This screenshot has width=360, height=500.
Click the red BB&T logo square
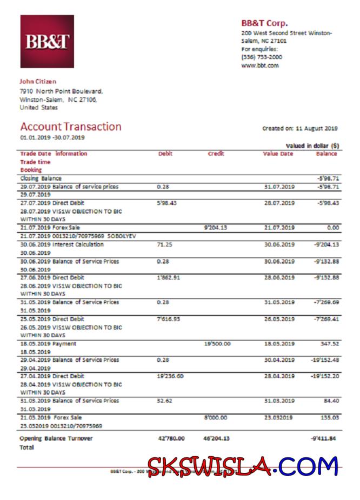click(47, 42)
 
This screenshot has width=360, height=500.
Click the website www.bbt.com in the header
click(259, 65)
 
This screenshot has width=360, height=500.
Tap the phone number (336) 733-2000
click(262, 57)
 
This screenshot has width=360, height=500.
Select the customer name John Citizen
click(38, 82)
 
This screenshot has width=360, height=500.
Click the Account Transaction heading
click(71, 126)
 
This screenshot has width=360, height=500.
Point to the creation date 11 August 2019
click(316, 129)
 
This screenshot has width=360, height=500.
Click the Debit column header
click(165, 154)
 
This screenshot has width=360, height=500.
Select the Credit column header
click(216, 154)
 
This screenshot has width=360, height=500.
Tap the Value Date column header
click(278, 154)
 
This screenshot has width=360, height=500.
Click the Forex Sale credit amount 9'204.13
click(216, 228)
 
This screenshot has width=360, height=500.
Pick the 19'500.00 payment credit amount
click(218, 343)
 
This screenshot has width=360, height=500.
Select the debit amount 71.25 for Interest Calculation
click(163, 244)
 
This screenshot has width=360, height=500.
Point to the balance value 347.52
click(329, 343)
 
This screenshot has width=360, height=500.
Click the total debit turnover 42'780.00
click(171, 438)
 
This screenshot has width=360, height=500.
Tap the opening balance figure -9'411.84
click(324, 438)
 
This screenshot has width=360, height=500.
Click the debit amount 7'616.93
click(168, 319)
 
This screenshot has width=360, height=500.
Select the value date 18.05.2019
click(279, 343)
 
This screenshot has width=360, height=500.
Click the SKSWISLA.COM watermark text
click(243, 466)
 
